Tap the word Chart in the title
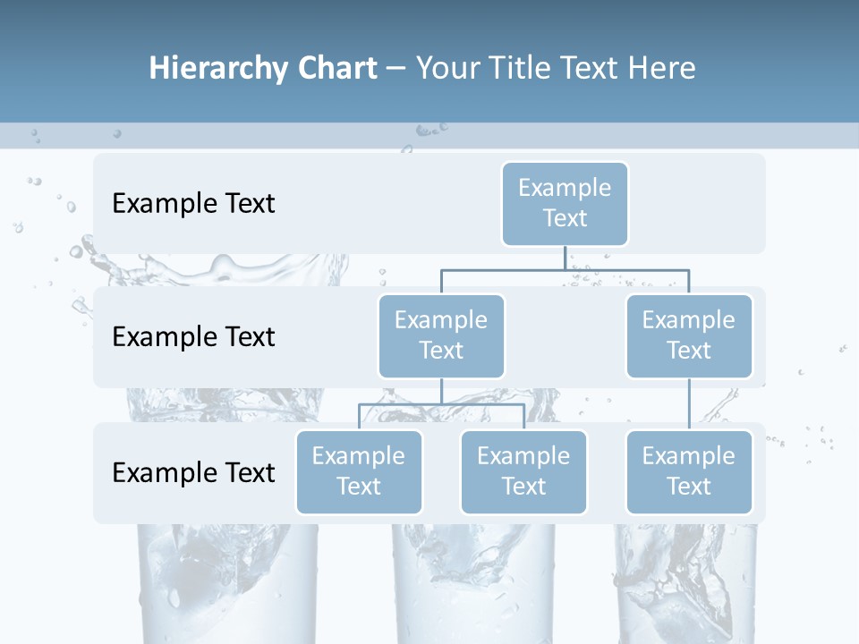point(336,69)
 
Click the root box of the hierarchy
point(565,204)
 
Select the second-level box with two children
point(441,336)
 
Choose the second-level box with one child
point(689,336)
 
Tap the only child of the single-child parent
point(689,472)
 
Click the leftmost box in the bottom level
point(359,472)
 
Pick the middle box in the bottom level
point(523,472)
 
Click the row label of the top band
point(193,204)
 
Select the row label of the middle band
point(193,337)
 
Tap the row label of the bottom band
point(193,472)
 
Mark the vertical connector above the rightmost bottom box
point(689,404)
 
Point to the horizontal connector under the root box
point(565,269)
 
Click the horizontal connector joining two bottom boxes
point(441,404)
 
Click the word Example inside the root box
point(565,188)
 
